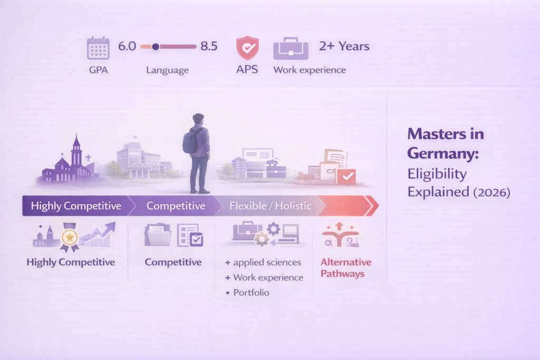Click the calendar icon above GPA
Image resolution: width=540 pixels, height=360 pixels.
(x=98, y=48)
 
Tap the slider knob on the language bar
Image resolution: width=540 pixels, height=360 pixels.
(x=156, y=47)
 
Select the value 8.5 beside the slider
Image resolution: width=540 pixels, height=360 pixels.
(x=209, y=46)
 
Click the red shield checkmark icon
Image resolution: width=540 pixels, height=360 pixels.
(x=247, y=48)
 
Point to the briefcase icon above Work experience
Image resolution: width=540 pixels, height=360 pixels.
(x=291, y=48)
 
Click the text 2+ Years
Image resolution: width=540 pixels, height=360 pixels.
(x=344, y=46)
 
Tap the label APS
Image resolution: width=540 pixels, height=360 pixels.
(x=247, y=69)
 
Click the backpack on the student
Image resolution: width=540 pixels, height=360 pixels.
(x=190, y=141)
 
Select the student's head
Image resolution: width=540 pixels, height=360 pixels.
(x=198, y=120)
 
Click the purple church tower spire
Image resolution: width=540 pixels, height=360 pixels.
(x=76, y=141)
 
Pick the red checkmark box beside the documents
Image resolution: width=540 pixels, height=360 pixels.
(x=346, y=177)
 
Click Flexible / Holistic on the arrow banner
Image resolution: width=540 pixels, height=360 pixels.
(x=271, y=206)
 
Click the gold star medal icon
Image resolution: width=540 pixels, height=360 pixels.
(x=70, y=238)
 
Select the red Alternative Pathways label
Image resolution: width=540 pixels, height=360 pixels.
(x=346, y=268)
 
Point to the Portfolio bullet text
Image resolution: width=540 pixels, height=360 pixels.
(x=251, y=292)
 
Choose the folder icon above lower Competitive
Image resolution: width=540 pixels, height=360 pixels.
(x=158, y=235)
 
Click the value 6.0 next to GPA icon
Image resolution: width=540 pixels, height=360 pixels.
(x=127, y=46)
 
